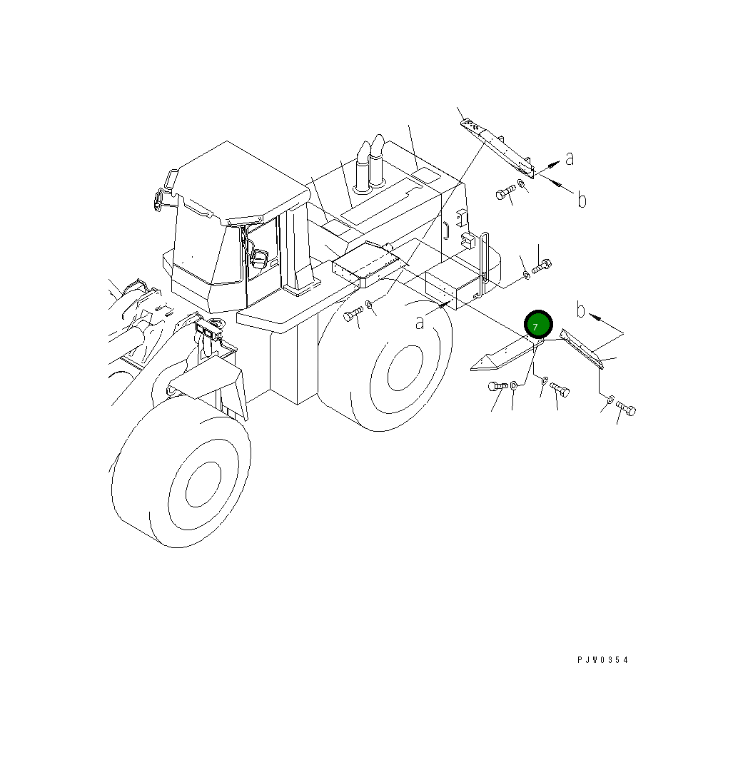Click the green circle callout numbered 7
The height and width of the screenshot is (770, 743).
(x=537, y=325)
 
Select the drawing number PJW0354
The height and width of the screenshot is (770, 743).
(x=603, y=660)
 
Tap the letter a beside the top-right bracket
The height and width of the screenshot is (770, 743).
(x=570, y=158)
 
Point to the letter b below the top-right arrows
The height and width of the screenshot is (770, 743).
(x=582, y=201)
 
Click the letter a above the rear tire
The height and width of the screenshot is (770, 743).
(x=420, y=323)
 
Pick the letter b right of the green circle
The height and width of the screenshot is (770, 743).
(x=581, y=310)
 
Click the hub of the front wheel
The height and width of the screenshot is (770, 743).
(x=207, y=485)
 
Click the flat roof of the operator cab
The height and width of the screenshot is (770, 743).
(x=239, y=181)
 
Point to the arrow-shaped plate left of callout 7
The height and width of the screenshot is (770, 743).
(x=500, y=356)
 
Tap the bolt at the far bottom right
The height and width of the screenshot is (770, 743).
(x=626, y=409)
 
